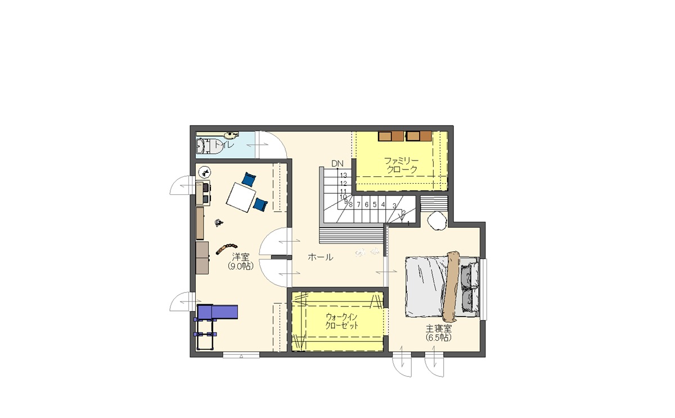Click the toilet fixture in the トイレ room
point(208,146)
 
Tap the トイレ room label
point(224,144)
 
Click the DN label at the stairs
point(337,163)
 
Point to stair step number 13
point(343,175)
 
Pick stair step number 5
point(375,204)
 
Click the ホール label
point(320,257)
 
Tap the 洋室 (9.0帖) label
point(241,261)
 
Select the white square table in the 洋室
point(241,197)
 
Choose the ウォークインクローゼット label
point(342,321)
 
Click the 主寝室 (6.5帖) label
point(439,333)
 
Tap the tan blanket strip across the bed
point(451,286)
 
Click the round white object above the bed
point(436,221)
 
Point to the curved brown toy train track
point(226,248)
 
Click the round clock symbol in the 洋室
point(205,173)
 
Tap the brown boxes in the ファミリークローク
point(405,136)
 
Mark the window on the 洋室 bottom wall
point(241,355)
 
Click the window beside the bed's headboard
point(483,289)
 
